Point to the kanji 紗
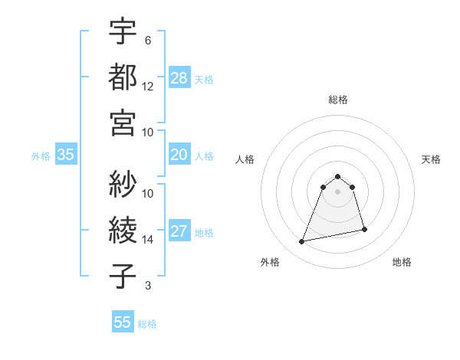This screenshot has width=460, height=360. [123, 184]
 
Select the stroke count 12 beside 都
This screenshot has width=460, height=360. [148, 87]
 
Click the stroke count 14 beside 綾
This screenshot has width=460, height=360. [148, 240]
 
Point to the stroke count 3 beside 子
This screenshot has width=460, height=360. [148, 286]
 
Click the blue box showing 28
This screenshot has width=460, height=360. [179, 78]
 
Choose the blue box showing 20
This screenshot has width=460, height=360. [179, 155]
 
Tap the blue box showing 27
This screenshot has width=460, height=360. [179, 231]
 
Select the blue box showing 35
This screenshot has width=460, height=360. [65, 155]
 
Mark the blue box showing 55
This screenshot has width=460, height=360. [123, 322]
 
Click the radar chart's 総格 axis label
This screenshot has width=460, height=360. [338, 100]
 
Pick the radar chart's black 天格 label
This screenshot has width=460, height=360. [432, 159]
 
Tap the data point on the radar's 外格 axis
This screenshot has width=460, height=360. [302, 242]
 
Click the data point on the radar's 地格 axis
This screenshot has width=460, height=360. [364, 230]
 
